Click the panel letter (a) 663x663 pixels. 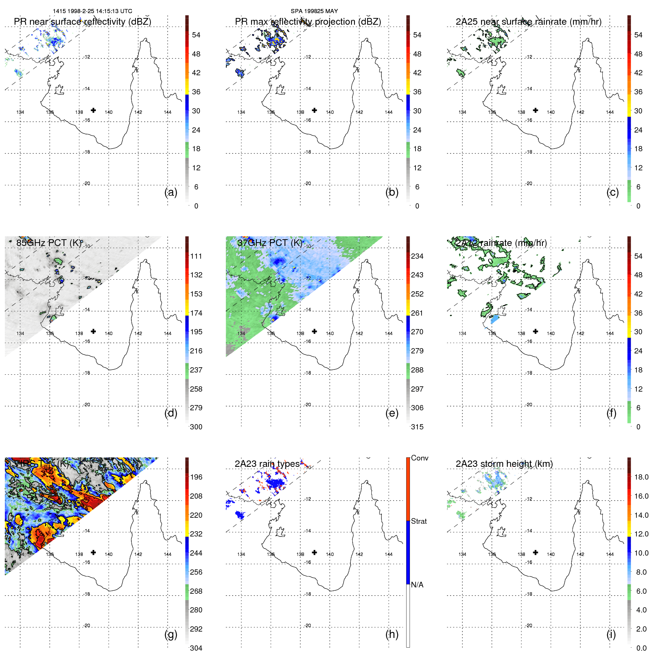point(171,192)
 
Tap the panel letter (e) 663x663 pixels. point(392,413)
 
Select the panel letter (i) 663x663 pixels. point(611,634)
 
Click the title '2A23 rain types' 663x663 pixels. point(267,464)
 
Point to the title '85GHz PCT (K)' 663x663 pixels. point(49,243)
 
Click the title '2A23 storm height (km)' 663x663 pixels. point(504,464)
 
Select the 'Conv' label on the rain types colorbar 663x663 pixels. point(419,458)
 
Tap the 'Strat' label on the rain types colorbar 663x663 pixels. point(419,521)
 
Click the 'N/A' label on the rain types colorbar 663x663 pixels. point(417,585)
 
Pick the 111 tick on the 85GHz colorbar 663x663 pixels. point(196,256)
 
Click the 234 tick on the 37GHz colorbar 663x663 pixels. point(417,256)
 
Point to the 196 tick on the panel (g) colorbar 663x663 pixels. point(196,477)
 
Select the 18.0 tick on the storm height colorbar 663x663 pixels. point(641,477)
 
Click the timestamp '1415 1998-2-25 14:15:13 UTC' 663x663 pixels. point(92,11)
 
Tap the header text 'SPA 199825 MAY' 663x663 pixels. point(314,11)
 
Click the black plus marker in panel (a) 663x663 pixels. point(93,110)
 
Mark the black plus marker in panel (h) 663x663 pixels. point(314,552)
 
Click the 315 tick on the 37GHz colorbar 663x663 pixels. point(417,427)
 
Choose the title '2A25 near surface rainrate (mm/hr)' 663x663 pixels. point(528,22)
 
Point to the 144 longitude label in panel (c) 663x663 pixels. point(610,112)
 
